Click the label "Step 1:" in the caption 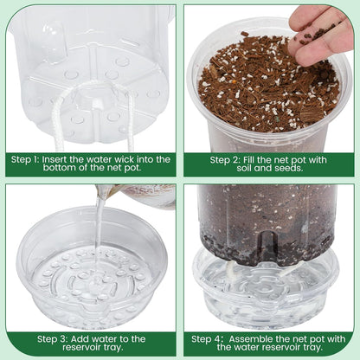[29, 159]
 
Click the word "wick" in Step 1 [124, 159]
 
